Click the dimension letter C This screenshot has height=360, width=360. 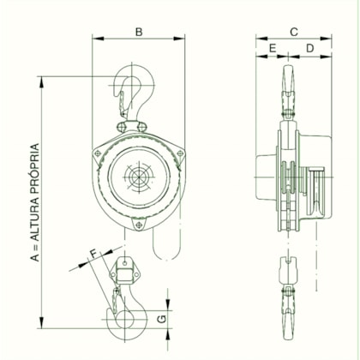click(x=294, y=32)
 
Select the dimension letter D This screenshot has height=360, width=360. click(x=309, y=49)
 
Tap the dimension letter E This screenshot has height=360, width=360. click(x=273, y=49)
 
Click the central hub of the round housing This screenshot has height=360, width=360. click(x=137, y=179)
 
